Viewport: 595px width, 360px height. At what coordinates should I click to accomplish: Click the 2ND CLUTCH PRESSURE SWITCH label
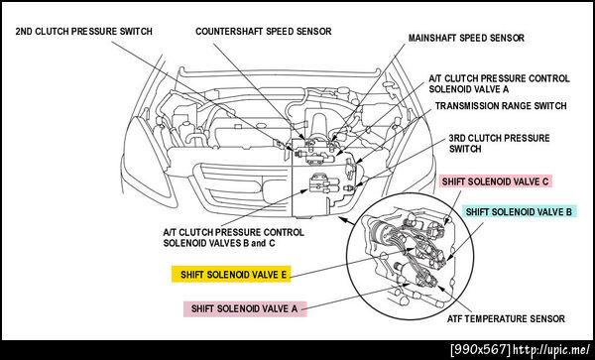coord(83,31)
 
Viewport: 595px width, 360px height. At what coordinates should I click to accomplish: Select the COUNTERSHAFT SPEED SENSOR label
coord(264,31)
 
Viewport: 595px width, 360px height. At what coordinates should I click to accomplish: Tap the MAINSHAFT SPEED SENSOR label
coord(466,38)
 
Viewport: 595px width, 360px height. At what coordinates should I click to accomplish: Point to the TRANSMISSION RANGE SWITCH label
coord(501,105)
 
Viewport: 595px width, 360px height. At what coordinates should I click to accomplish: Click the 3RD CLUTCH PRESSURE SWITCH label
coord(499,144)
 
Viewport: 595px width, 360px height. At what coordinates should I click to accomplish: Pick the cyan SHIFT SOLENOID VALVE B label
coord(519,211)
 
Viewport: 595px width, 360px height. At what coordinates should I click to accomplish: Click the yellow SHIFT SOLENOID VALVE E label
coord(231,275)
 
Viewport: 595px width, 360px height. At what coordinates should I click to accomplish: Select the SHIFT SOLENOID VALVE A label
coord(245,308)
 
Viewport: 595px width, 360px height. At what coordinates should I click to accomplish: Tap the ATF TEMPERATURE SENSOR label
coord(506,318)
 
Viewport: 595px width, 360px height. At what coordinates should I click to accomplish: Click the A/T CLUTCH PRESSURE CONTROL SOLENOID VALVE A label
coord(499,84)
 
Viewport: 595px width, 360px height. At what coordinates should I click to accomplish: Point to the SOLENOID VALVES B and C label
coord(219,243)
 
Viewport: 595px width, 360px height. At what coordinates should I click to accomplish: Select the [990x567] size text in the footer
coord(480,349)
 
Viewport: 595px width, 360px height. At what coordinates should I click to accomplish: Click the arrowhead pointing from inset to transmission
coord(339,218)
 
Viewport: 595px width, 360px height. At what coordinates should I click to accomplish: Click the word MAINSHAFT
coord(432,38)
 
